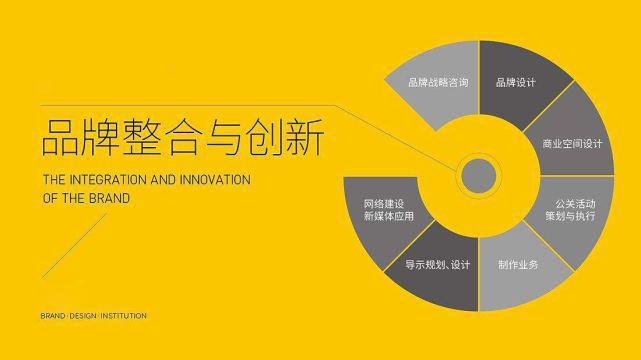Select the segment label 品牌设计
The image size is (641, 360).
(515, 83)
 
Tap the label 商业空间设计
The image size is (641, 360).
(572, 143)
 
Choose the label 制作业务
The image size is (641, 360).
(518, 265)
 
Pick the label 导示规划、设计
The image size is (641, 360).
(437, 265)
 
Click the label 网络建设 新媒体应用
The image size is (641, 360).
(388, 209)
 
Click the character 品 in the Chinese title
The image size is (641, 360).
(59, 138)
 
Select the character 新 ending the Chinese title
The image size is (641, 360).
(304, 138)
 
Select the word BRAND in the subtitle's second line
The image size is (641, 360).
(112, 198)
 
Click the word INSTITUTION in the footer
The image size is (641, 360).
(123, 316)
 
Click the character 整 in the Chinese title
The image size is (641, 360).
(141, 138)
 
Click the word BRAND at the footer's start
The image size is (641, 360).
(52, 316)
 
